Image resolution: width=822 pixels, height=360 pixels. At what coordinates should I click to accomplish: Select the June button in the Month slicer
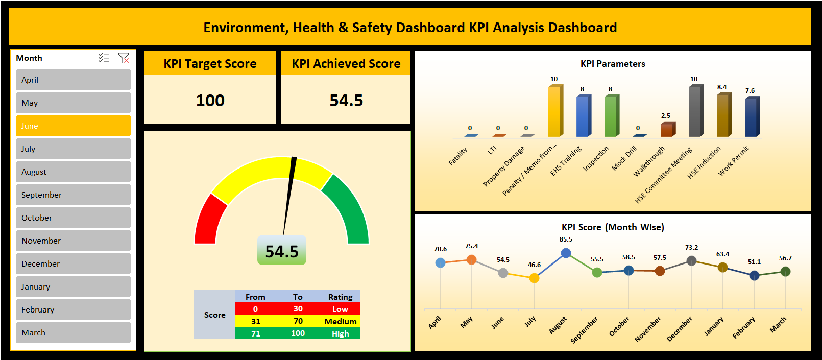click(x=73, y=126)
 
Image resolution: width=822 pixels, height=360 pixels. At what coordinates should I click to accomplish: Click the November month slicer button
click(x=73, y=241)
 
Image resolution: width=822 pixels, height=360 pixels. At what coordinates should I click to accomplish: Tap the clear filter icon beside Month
click(x=124, y=58)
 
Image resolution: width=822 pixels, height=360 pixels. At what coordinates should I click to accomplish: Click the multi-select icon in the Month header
click(x=104, y=58)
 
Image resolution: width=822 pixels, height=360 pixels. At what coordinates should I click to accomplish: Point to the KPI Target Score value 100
click(x=210, y=101)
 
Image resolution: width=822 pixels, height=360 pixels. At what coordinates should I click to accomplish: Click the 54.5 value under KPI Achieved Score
click(x=346, y=101)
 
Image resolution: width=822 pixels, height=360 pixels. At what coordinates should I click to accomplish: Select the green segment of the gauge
click(x=347, y=209)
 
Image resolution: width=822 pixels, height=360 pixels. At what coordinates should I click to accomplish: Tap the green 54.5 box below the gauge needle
click(x=282, y=251)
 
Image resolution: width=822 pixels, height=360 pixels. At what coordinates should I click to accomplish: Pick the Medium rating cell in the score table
click(x=340, y=321)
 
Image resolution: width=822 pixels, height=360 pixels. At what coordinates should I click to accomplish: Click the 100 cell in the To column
click(x=298, y=333)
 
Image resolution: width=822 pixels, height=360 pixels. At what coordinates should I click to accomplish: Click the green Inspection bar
click(x=611, y=116)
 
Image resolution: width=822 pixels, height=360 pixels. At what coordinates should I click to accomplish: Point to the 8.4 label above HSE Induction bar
click(x=721, y=87)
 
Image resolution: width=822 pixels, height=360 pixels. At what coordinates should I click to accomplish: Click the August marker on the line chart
click(x=566, y=253)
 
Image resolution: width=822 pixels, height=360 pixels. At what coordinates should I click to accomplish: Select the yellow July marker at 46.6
click(x=534, y=278)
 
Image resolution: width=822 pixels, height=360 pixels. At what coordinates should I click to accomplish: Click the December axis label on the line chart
click(x=680, y=328)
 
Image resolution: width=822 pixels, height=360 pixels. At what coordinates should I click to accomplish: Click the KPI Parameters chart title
click(x=612, y=64)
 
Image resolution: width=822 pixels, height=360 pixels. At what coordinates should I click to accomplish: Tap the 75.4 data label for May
click(x=471, y=246)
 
